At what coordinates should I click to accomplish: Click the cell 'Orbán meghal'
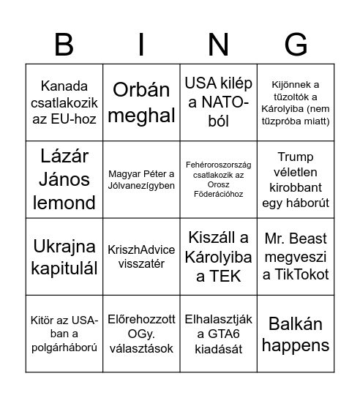[141, 103]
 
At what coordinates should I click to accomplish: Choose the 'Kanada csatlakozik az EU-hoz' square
[64, 103]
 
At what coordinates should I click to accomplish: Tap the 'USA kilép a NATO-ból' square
[218, 103]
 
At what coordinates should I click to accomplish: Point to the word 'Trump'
[296, 157]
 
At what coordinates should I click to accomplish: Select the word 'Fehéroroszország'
[218, 166]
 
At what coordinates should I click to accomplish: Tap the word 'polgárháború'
[64, 348]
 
